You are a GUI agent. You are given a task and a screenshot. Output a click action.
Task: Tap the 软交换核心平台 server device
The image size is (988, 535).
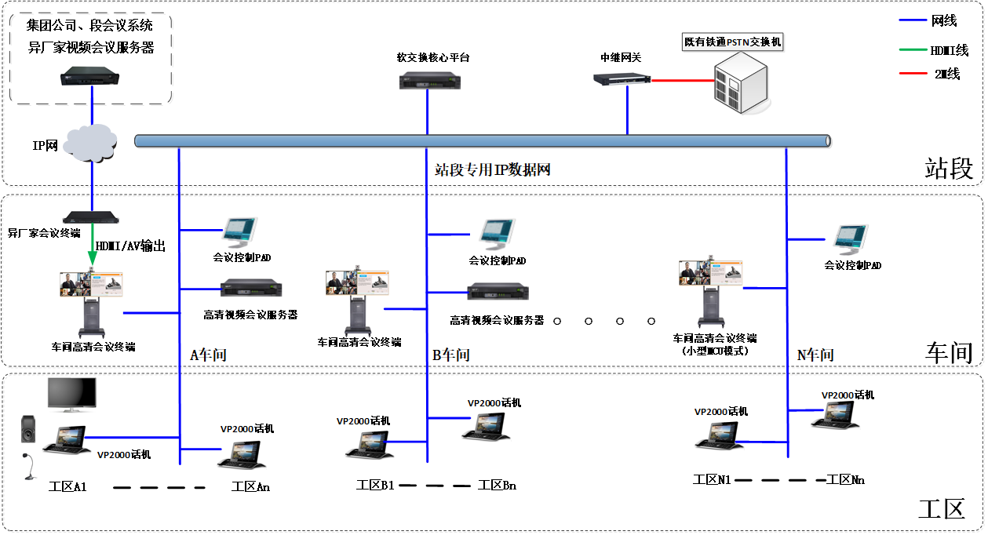428,79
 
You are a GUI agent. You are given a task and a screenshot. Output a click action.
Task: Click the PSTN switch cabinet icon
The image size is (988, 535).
738,82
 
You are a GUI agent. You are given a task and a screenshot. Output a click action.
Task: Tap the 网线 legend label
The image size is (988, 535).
945,22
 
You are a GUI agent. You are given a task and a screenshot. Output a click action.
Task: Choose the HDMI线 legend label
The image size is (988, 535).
949,50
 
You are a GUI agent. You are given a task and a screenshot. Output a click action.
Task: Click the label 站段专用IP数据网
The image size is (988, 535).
490,169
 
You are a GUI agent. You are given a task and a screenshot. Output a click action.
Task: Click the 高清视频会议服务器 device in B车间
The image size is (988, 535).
498,292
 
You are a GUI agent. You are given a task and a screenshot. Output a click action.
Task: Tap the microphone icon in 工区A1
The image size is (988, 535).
29,465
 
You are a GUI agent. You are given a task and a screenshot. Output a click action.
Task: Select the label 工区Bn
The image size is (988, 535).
497,486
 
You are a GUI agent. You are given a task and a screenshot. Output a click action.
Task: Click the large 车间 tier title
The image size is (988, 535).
949,353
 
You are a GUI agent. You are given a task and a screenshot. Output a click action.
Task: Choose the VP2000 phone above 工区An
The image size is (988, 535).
244,454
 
